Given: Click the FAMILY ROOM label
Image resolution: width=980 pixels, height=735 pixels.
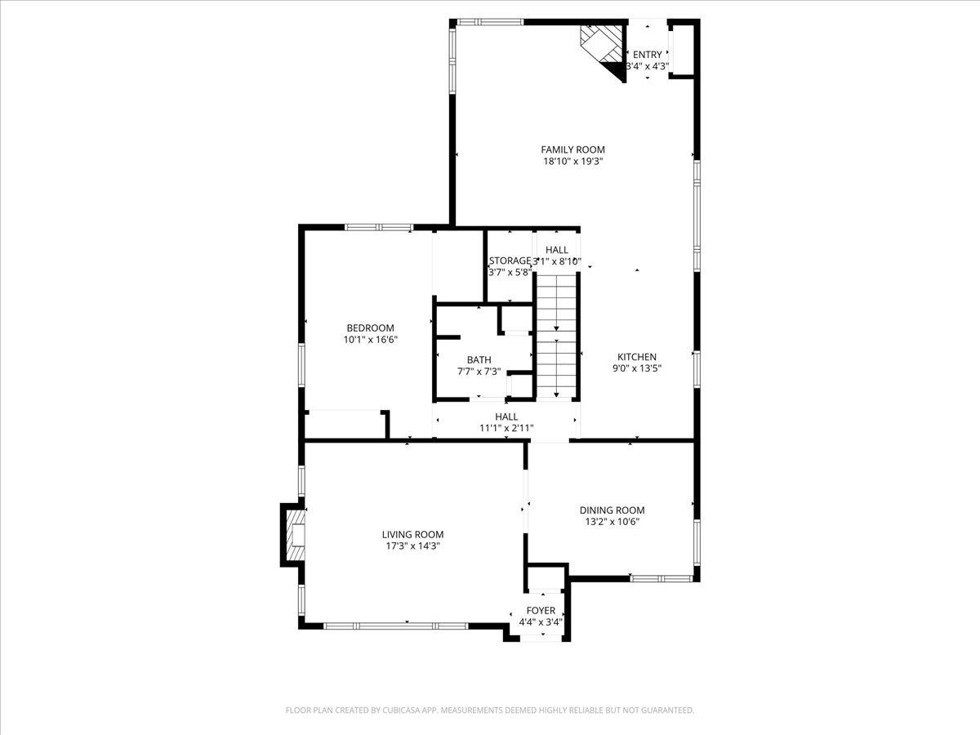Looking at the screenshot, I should pyautogui.click(x=572, y=149).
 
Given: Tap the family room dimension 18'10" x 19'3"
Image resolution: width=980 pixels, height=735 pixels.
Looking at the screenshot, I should pyautogui.click(x=572, y=162).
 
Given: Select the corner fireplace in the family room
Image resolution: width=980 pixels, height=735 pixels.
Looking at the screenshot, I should pyautogui.click(x=604, y=49).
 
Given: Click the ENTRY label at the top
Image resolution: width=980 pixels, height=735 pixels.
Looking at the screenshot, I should pyautogui.click(x=648, y=55).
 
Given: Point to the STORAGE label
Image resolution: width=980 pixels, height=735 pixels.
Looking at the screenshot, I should pyautogui.click(x=510, y=261).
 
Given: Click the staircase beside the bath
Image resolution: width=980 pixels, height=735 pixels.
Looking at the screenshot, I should pyautogui.click(x=556, y=335).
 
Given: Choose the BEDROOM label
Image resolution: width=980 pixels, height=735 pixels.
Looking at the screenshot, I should pyautogui.click(x=370, y=328).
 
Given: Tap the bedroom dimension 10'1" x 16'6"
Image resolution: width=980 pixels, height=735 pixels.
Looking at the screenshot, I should pyautogui.click(x=370, y=340).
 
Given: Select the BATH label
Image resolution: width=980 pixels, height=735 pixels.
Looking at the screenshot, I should pyautogui.click(x=479, y=359).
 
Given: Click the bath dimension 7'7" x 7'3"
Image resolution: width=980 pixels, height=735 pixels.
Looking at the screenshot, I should pyautogui.click(x=479, y=372).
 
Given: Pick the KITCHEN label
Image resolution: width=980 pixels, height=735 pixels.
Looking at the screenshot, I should pyautogui.click(x=636, y=357).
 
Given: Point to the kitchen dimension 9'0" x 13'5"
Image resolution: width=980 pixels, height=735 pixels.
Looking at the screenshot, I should pyautogui.click(x=636, y=368).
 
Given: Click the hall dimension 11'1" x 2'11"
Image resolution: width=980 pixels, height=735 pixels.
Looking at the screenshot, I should pyautogui.click(x=506, y=428).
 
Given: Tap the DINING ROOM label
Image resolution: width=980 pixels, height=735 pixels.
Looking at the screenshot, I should pyautogui.click(x=612, y=510).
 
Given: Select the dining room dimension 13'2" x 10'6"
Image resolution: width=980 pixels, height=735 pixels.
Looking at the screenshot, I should pyautogui.click(x=612, y=522).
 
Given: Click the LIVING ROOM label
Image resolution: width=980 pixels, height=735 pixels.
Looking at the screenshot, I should pyautogui.click(x=412, y=534).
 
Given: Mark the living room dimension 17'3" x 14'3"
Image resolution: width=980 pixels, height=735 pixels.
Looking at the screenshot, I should pyautogui.click(x=412, y=546).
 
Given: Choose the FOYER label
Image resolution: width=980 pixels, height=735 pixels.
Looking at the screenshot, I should pyautogui.click(x=541, y=611).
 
